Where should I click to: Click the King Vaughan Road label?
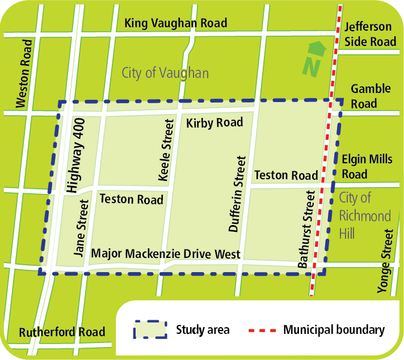(x=175, y=23)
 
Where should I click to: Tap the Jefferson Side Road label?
(x=368, y=35)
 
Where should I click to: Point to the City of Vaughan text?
(x=165, y=73)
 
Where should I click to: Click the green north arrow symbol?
(x=313, y=58)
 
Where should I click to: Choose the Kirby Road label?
(x=214, y=122)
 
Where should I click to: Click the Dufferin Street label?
(x=238, y=194)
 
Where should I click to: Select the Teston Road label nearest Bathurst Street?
(x=286, y=176)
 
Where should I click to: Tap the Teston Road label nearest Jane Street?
(x=131, y=199)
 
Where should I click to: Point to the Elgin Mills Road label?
(x=367, y=167)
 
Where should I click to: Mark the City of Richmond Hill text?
(x=364, y=215)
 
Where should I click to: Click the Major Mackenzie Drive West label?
(x=166, y=254)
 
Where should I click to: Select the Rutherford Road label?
(x=62, y=332)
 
